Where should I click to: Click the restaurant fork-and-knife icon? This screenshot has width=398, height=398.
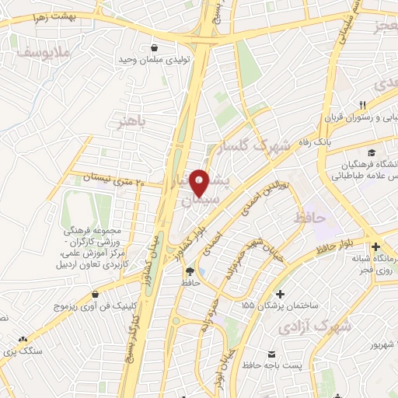click(x=362, y=106)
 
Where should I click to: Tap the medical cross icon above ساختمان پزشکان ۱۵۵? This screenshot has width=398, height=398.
click(x=281, y=295)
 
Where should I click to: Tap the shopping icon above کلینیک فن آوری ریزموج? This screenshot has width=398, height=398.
click(x=95, y=294)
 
